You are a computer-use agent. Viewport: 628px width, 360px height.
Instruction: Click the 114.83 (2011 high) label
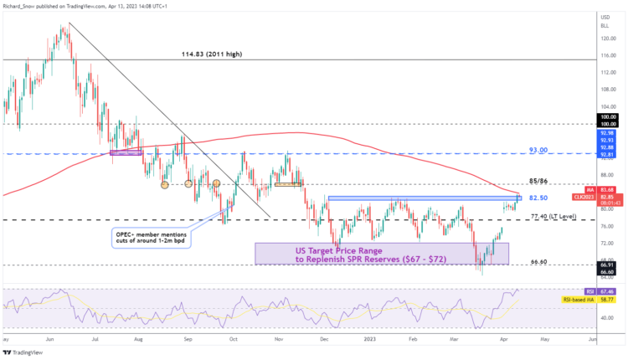point(214,54)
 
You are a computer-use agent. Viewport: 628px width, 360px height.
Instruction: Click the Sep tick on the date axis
point(188,340)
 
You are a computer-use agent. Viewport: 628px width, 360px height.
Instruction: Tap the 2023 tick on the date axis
point(369,340)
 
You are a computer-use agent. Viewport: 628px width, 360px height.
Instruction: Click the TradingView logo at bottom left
point(25,351)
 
